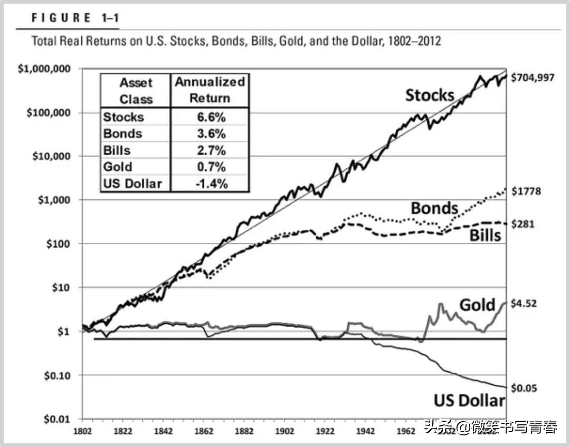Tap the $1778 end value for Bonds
tap(526, 191)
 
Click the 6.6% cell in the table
tap(209, 116)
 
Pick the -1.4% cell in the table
tap(209, 183)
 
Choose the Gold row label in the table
tap(118, 167)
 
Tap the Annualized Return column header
tap(210, 90)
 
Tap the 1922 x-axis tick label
tap(325, 431)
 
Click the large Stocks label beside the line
tap(430, 95)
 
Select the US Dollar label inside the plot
tap(469, 401)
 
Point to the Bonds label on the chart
tap(434, 208)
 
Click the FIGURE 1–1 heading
tap(75, 18)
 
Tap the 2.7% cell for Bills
tap(209, 150)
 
